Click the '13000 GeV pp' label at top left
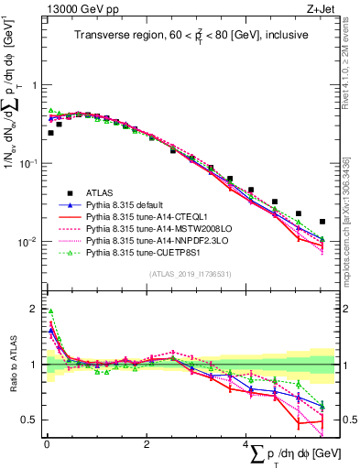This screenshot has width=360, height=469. click(75, 10)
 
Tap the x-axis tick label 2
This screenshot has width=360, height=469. click(147, 444)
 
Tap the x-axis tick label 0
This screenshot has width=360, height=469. click(47, 444)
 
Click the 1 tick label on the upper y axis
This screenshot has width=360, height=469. click(35, 85)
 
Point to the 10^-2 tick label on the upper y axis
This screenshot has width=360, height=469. click(29, 243)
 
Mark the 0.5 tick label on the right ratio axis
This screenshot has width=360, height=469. click(346, 420)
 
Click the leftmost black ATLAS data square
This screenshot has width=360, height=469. click(50, 133)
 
